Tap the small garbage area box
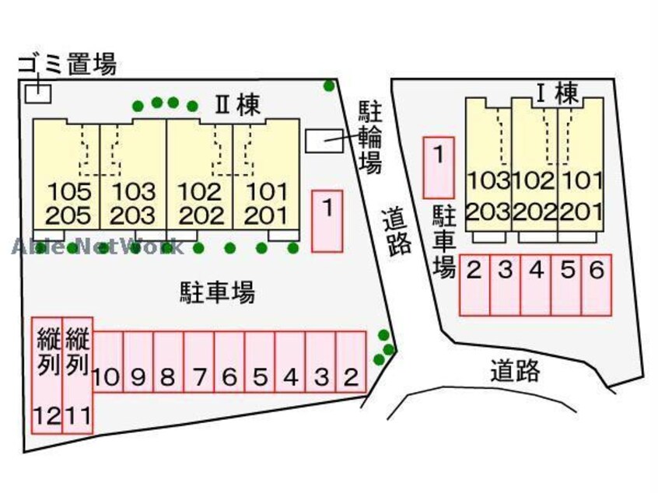(38, 93)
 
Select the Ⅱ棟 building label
(237, 105)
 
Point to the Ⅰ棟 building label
(558, 93)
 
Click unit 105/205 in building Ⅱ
(67, 174)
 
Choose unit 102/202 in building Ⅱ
(200, 174)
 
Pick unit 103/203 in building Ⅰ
(488, 165)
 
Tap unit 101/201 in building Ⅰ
(581, 165)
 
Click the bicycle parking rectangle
(324, 141)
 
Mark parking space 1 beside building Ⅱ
(327, 221)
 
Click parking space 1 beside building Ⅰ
(439, 167)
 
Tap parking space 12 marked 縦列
(47, 376)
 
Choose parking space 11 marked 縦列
(78, 376)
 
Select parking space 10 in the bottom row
(108, 362)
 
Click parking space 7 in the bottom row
(199, 362)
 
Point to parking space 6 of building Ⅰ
(597, 285)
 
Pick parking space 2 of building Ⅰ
(474, 285)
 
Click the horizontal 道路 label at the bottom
(516, 370)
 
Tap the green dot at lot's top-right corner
(330, 86)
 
